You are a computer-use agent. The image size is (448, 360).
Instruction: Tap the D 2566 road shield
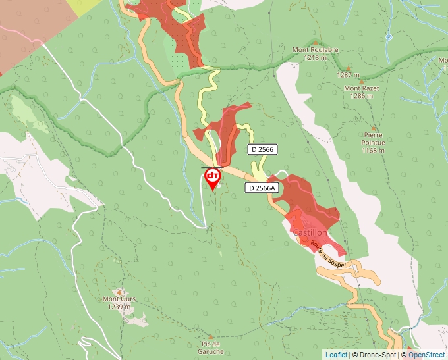(x=262, y=150)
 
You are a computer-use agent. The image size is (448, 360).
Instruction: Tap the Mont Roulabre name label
(x=316, y=49)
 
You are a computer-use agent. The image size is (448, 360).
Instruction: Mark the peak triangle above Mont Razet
(x=347, y=67)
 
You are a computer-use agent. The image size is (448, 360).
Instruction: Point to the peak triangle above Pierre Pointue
(x=374, y=129)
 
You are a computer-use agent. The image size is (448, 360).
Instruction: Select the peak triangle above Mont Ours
(x=119, y=292)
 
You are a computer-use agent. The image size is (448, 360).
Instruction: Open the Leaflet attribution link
(x=336, y=355)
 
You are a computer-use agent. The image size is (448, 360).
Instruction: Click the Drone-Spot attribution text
(x=374, y=355)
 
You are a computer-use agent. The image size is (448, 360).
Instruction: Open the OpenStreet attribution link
(x=426, y=355)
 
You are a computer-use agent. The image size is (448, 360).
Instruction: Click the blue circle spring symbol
(x=389, y=38)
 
